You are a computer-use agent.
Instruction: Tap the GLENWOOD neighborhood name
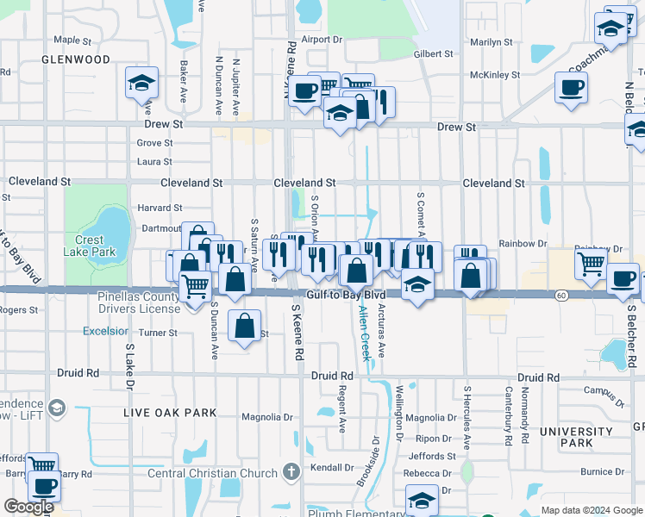(76, 59)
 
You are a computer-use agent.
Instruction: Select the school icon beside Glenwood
(141, 84)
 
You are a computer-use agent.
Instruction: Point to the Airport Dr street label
(322, 40)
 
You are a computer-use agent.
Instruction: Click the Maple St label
(72, 40)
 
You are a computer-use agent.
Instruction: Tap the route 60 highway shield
(561, 296)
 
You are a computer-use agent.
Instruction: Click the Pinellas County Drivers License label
(138, 303)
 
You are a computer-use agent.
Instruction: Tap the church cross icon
(292, 472)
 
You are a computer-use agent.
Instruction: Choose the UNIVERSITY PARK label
(576, 437)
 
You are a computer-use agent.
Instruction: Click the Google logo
(28, 507)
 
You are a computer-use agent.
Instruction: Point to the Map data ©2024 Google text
(591, 510)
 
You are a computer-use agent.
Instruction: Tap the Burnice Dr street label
(601, 471)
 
